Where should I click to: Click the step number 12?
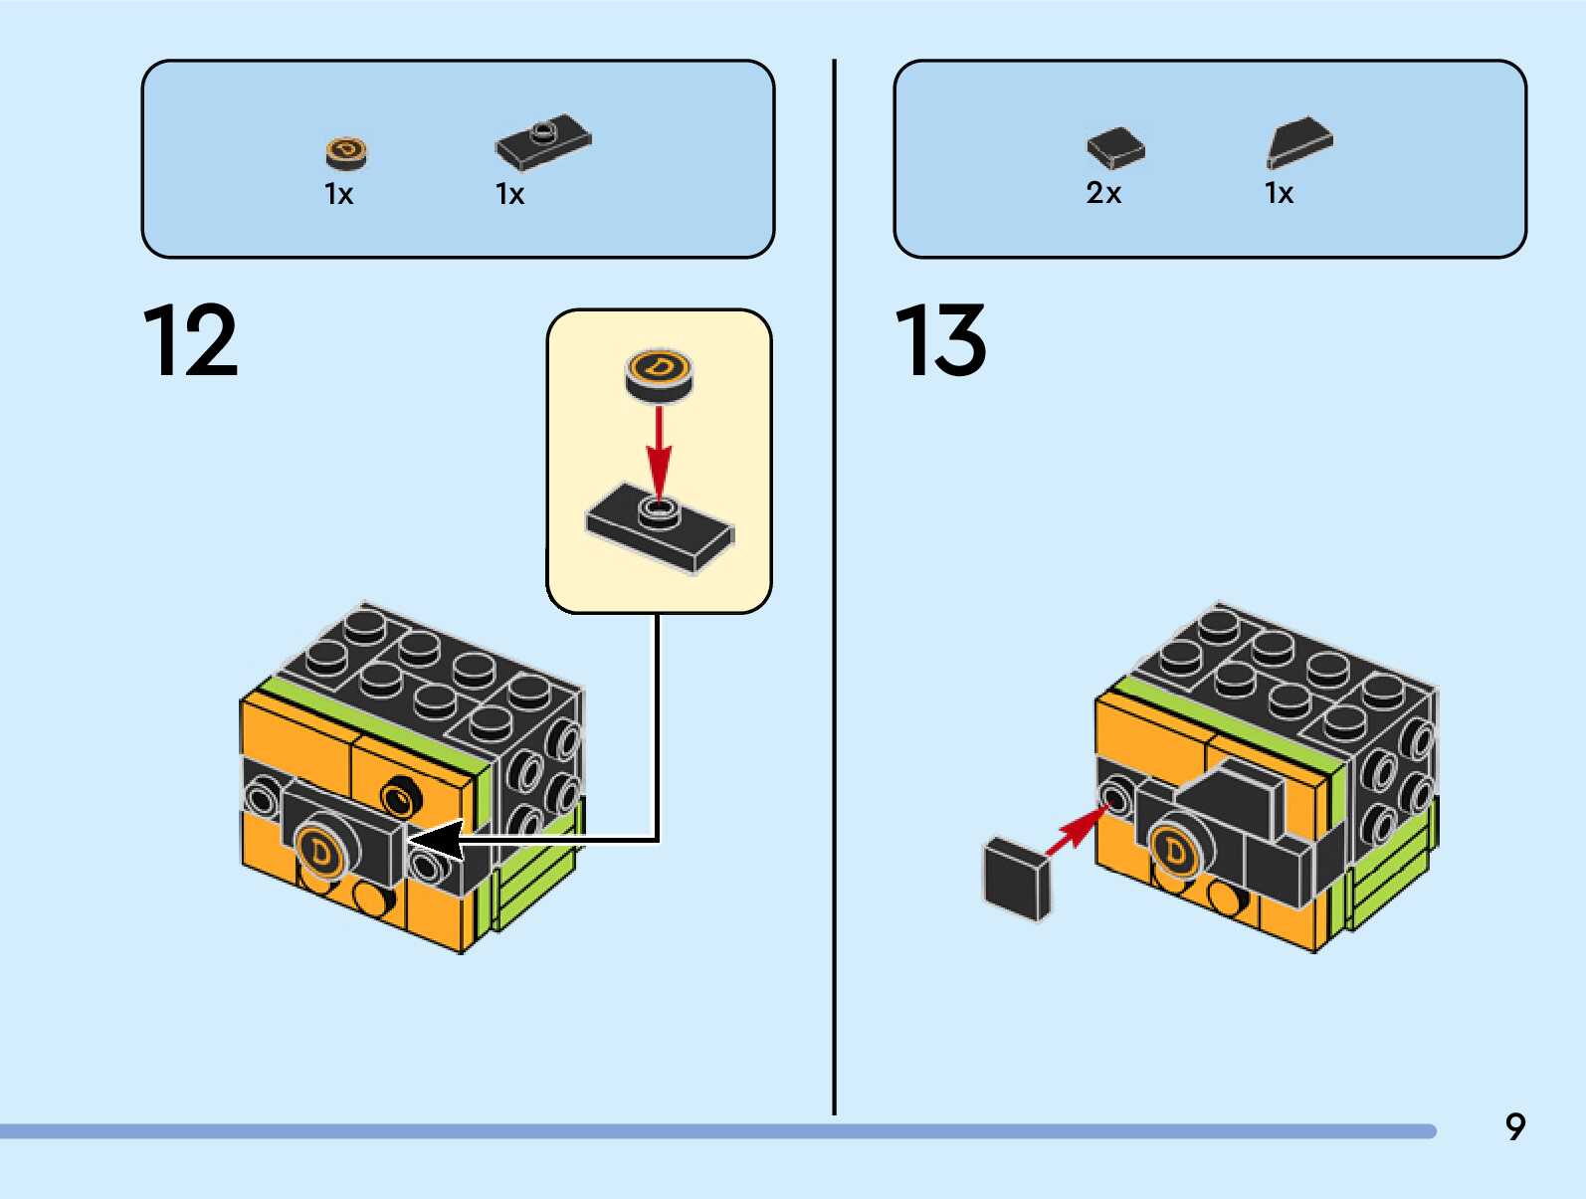click(191, 341)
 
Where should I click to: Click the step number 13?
click(940, 341)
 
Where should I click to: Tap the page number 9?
click(1514, 1126)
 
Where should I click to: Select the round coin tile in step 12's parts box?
click(346, 151)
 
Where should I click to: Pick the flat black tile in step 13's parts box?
click(1115, 148)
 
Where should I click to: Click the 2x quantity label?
click(1103, 193)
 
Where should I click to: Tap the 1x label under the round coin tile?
click(338, 194)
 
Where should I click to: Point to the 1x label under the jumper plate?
click(509, 194)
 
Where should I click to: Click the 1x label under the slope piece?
click(1279, 193)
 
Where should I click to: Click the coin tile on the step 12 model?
click(320, 851)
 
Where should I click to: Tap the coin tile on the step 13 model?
click(1175, 851)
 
